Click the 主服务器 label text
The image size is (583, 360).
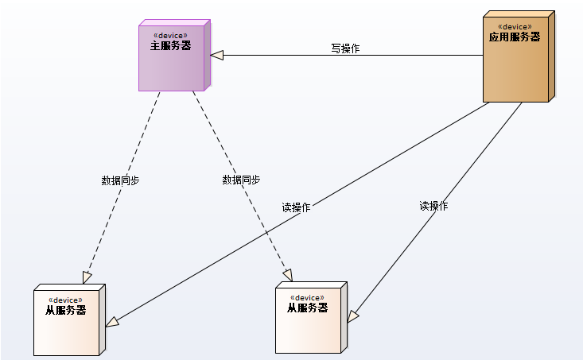pyautogui.click(x=171, y=46)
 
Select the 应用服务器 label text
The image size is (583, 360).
pyautogui.click(x=514, y=37)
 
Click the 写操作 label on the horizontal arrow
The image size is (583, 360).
pyautogui.click(x=345, y=48)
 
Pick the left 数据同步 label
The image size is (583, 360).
pyautogui.click(x=120, y=180)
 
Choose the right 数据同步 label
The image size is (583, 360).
pyautogui.click(x=241, y=180)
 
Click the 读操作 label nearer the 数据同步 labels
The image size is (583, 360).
pyautogui.click(x=296, y=207)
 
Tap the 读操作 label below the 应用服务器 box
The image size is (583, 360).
pyautogui.click(x=433, y=206)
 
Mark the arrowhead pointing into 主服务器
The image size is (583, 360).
pyautogui.click(x=216, y=55)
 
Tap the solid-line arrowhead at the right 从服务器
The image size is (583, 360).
pyautogui.click(x=353, y=316)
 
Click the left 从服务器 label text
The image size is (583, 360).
pyautogui.click(x=66, y=310)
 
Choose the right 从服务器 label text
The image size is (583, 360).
pyautogui.click(x=307, y=308)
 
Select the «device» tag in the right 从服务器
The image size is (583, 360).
pyautogui.click(x=307, y=297)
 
